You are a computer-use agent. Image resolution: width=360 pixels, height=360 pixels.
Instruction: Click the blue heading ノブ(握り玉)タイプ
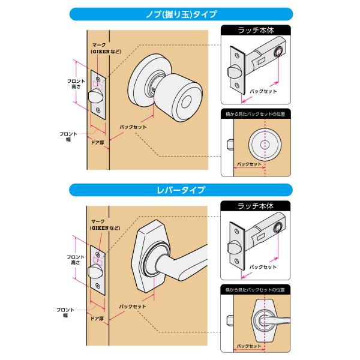[181, 14]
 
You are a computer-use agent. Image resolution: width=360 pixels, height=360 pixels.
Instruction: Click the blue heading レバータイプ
[181, 190]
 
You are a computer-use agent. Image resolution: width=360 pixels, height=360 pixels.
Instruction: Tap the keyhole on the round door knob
[186, 102]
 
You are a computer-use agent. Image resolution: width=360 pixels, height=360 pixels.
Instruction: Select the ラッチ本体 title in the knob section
[256, 30]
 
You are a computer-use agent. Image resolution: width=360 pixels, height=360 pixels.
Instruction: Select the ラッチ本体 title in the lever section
[256, 206]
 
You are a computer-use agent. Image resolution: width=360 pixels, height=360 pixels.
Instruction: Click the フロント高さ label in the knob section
[76, 84]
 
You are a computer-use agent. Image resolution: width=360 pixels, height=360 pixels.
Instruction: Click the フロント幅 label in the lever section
[65, 313]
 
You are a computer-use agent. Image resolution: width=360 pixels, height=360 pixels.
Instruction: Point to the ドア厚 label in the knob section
[98, 143]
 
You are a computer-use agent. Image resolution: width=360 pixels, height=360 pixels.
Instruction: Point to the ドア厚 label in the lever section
[97, 319]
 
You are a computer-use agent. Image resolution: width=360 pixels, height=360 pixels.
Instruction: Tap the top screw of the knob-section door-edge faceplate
[98, 79]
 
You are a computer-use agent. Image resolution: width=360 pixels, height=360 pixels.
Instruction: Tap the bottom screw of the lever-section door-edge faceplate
[98, 286]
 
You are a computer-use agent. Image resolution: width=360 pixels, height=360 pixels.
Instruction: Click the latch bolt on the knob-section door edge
[95, 97]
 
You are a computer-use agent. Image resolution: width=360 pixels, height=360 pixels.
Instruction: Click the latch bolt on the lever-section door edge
[95, 272]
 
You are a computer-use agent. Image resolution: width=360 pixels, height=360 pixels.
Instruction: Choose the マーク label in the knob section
[99, 45]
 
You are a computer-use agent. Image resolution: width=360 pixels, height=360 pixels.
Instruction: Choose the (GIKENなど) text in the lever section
[105, 228]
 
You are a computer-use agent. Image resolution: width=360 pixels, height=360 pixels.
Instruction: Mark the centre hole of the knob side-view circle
[265, 145]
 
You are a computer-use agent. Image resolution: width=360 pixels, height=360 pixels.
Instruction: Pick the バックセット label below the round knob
[133, 127]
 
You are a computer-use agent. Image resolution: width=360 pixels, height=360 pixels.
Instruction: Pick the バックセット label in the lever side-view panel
[249, 346]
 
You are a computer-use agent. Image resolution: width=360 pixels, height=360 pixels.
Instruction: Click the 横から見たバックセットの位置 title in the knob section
[256, 114]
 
